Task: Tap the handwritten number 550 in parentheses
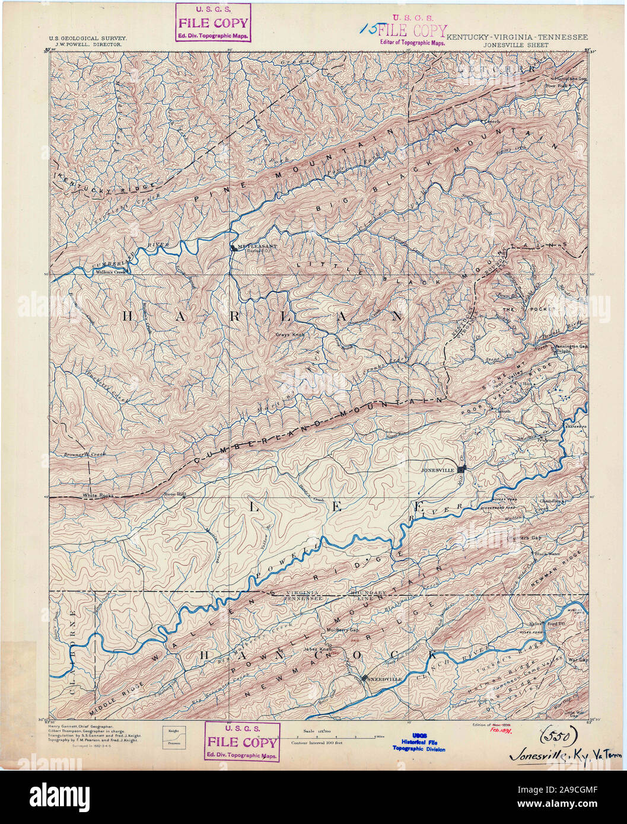click(557, 736)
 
